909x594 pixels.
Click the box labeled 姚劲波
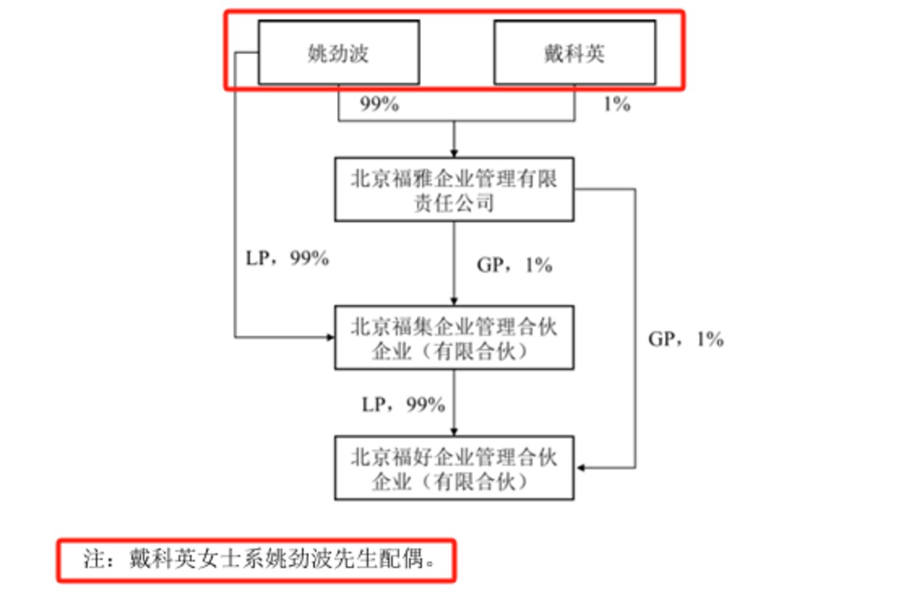338,53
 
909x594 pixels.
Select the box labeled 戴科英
575,53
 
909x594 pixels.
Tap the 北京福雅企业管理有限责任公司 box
454,190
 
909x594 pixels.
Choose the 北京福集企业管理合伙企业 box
454,338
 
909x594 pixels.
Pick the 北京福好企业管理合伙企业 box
454,468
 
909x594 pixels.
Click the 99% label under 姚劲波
379,104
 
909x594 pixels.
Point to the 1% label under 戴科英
616,104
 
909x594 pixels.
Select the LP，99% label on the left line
287,258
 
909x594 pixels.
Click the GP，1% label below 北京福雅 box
514,265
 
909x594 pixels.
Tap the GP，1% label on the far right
686,339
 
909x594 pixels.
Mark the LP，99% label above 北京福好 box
403,405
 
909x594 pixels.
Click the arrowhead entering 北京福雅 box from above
454,153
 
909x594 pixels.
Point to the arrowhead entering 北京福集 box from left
330,338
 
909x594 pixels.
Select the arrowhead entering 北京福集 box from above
454,301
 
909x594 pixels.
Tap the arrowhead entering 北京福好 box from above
454,432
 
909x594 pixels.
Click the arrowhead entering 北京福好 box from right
580,467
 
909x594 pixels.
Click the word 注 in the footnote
94,559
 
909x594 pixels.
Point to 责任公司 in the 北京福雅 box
454,203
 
